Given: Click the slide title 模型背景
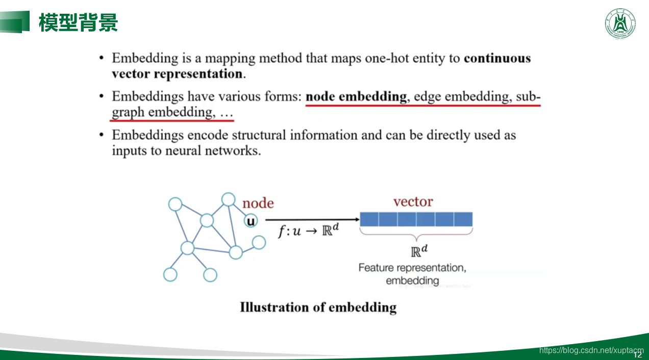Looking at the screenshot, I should (79, 22).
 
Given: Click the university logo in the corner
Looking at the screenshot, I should (620, 23).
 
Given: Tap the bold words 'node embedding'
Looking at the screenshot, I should (356, 96).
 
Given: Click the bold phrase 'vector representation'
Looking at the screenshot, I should (177, 74).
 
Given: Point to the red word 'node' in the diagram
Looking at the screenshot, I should (258, 203).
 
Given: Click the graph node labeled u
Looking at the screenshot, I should (251, 221).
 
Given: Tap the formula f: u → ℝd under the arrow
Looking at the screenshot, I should (309, 231).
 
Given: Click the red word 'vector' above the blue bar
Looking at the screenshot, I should (413, 202).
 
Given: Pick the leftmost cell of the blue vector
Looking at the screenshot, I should (369, 219).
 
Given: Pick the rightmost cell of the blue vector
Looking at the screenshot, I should (463, 219).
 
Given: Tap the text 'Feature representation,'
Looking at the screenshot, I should (412, 268).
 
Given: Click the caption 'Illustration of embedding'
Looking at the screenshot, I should (318, 307).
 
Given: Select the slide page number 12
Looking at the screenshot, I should (637, 354).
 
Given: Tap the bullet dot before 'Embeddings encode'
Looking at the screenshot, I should (102, 135).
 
